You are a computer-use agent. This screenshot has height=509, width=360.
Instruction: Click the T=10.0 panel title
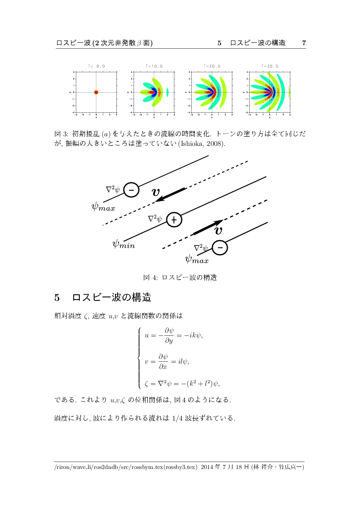[x=154, y=66]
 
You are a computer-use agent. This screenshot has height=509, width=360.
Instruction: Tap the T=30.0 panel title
[x=270, y=66]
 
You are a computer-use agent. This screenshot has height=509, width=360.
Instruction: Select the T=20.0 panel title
[x=212, y=66]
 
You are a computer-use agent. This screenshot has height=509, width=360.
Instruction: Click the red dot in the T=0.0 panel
[x=96, y=92]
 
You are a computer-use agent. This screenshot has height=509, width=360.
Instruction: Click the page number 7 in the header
[x=304, y=43]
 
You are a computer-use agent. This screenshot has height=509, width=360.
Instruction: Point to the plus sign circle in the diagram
[x=174, y=220]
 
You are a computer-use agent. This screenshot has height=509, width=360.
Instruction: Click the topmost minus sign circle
[x=131, y=190]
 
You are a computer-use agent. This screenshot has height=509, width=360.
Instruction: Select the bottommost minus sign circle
[x=220, y=248]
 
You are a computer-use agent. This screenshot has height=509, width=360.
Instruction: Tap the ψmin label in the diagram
[x=123, y=244]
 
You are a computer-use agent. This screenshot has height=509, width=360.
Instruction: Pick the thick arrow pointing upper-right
[x=208, y=227]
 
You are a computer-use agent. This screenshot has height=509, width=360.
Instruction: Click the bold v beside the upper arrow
[x=156, y=192]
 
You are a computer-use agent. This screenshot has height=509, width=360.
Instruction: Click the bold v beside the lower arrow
[x=219, y=230]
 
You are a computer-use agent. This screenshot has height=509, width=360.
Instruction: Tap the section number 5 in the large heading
[x=57, y=298]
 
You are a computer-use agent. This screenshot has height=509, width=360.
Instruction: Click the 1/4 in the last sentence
[x=177, y=419]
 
